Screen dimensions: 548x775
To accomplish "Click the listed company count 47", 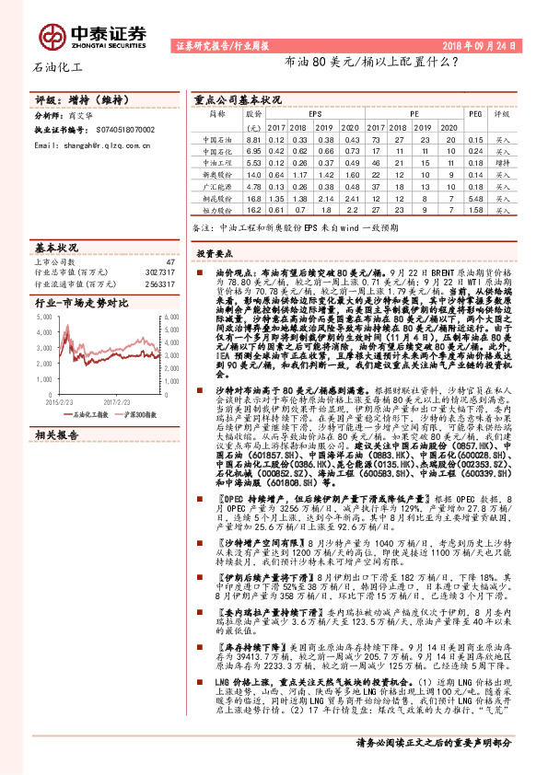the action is (x=169, y=262).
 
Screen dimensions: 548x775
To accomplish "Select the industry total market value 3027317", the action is (x=159, y=272).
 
